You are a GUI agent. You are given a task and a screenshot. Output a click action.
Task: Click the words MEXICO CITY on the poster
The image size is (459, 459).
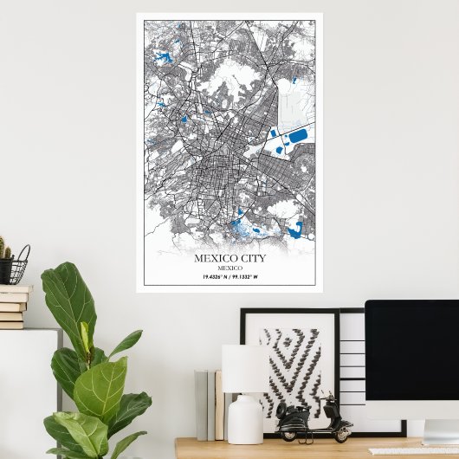click(229, 257)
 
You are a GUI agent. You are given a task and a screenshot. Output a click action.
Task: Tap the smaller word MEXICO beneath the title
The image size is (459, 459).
click(229, 268)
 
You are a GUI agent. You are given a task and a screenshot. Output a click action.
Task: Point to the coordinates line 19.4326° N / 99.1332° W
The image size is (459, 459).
click(229, 276)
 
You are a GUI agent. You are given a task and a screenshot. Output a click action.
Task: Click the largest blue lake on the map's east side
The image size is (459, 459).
click(297, 136)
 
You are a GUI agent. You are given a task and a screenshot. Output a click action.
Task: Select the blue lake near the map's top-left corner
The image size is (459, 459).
click(162, 58)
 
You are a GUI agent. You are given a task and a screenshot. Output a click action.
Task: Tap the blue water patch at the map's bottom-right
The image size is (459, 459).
click(296, 229)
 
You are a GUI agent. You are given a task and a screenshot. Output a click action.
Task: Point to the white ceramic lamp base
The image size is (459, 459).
click(244, 419)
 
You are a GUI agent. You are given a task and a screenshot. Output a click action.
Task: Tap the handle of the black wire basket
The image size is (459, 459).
click(23, 255)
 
